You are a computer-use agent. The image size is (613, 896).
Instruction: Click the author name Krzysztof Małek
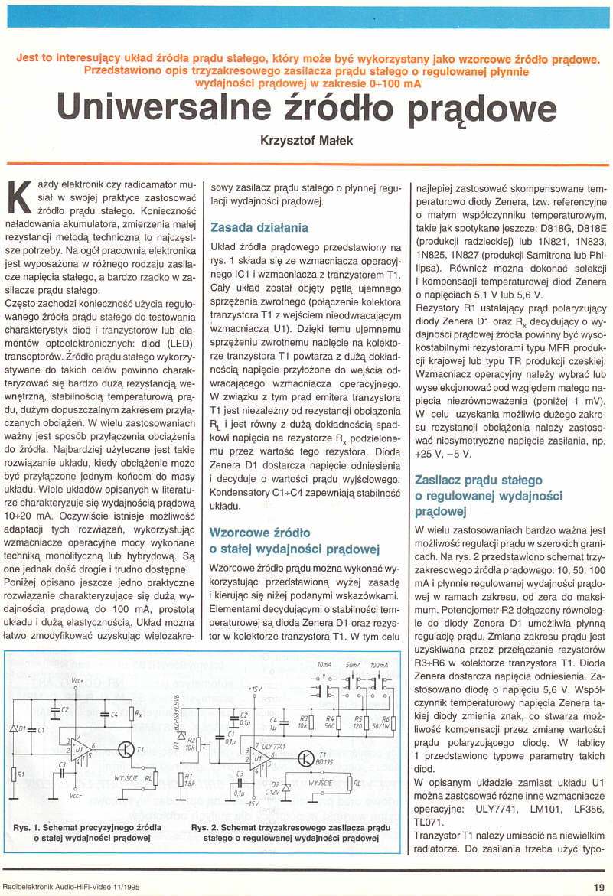tap(306, 140)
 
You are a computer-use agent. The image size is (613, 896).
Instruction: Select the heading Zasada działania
tap(259, 227)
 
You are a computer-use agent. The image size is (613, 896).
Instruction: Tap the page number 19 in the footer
tap(598, 887)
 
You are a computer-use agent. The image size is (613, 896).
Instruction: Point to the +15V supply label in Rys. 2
tap(255, 689)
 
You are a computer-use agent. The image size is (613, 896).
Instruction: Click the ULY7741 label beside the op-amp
tap(272, 745)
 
